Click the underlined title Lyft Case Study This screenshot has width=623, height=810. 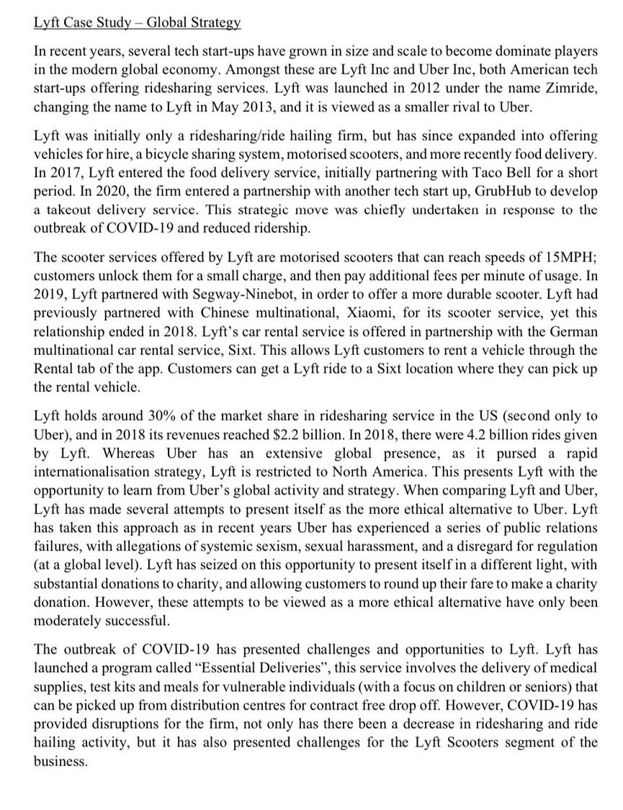[x=137, y=22]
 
